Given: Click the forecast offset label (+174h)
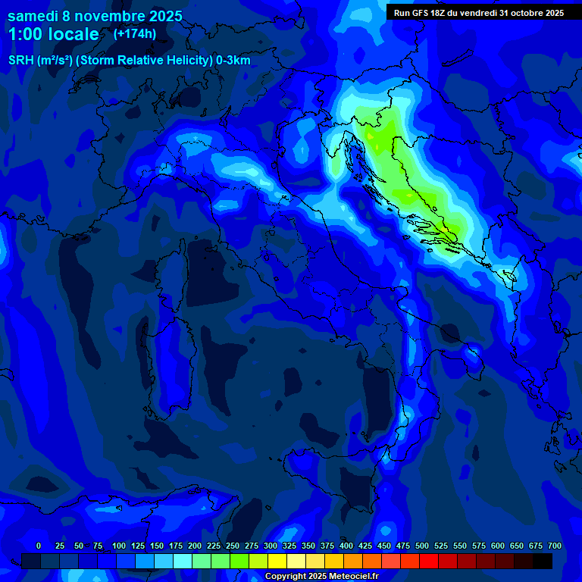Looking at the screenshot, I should point(134,33).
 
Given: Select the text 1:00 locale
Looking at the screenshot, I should point(53,34).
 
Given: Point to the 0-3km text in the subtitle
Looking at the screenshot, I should point(233,61).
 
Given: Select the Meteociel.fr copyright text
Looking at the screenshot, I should point(322,577).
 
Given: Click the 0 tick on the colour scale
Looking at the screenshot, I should point(39,546).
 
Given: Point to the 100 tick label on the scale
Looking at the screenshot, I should point(119,546).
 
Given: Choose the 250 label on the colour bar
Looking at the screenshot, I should point(233,546).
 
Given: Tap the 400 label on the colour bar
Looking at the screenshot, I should point(346,546).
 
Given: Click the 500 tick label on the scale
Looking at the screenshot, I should point(422,546).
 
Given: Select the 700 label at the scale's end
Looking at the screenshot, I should point(555,546).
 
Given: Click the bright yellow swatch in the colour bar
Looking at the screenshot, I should point(277,561).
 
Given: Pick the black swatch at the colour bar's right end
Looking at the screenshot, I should point(543,561).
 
